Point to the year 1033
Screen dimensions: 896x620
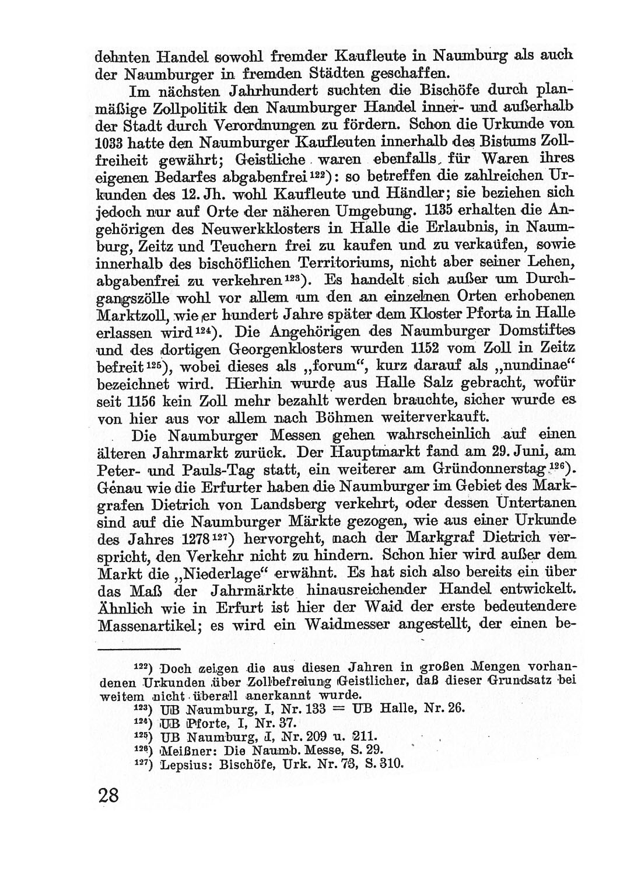110,141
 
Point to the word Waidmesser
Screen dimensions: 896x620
344,624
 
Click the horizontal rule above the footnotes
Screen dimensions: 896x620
138,649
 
